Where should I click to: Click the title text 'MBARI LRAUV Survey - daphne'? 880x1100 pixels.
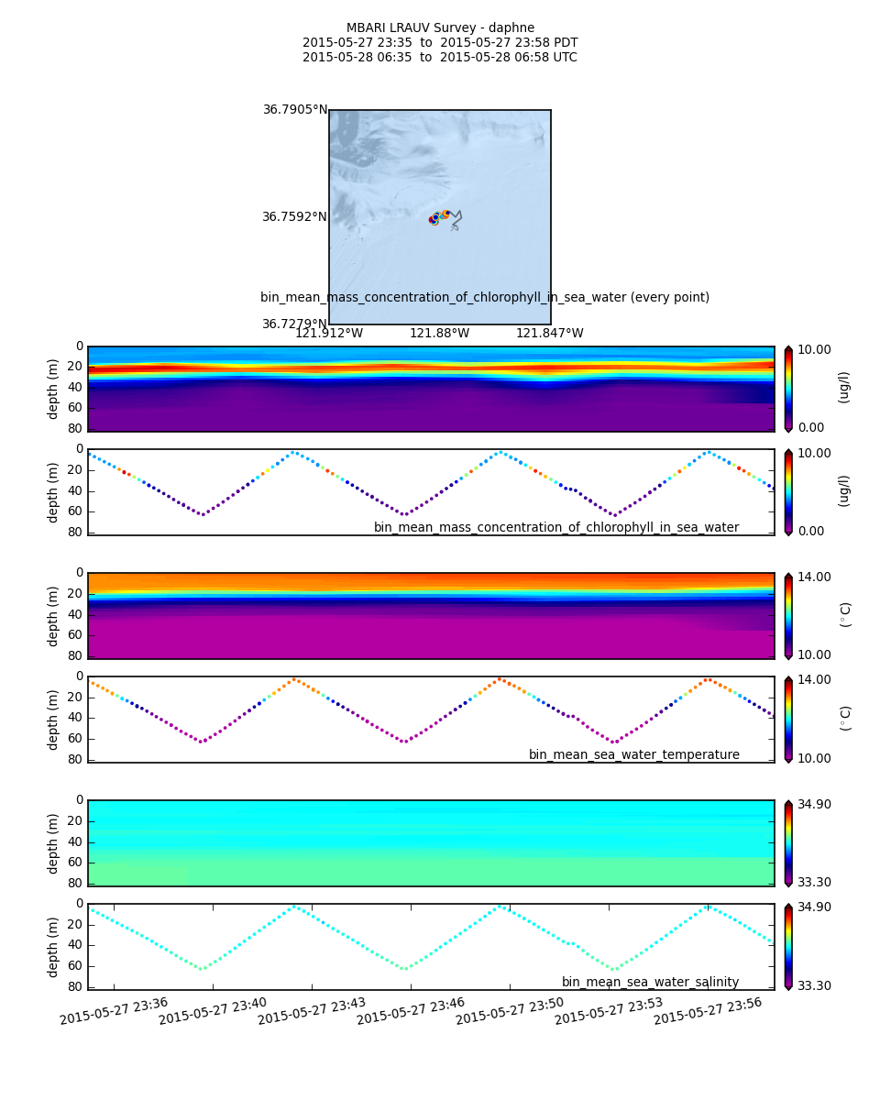coord(440,28)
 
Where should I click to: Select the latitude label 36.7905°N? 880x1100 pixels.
coord(294,110)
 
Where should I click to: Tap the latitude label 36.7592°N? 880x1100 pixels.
coord(294,217)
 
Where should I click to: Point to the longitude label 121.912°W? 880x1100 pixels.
coord(328,334)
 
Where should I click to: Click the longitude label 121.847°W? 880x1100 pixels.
coord(549,334)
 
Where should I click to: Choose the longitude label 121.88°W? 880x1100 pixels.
coord(439,334)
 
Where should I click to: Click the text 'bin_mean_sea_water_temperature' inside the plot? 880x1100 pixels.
coord(633,755)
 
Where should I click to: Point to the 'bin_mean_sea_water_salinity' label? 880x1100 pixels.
coord(650,983)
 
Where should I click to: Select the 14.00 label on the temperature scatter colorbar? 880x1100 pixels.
coord(815,680)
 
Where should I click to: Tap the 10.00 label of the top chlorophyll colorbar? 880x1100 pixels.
coord(815,349)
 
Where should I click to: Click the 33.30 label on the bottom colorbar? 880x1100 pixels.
coord(815,986)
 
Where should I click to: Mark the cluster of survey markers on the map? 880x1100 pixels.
coord(439,217)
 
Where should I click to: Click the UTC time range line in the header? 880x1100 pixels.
coord(440,58)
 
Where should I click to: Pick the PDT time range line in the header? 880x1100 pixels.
coord(440,43)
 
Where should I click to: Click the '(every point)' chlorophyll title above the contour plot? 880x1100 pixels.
coord(484,298)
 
